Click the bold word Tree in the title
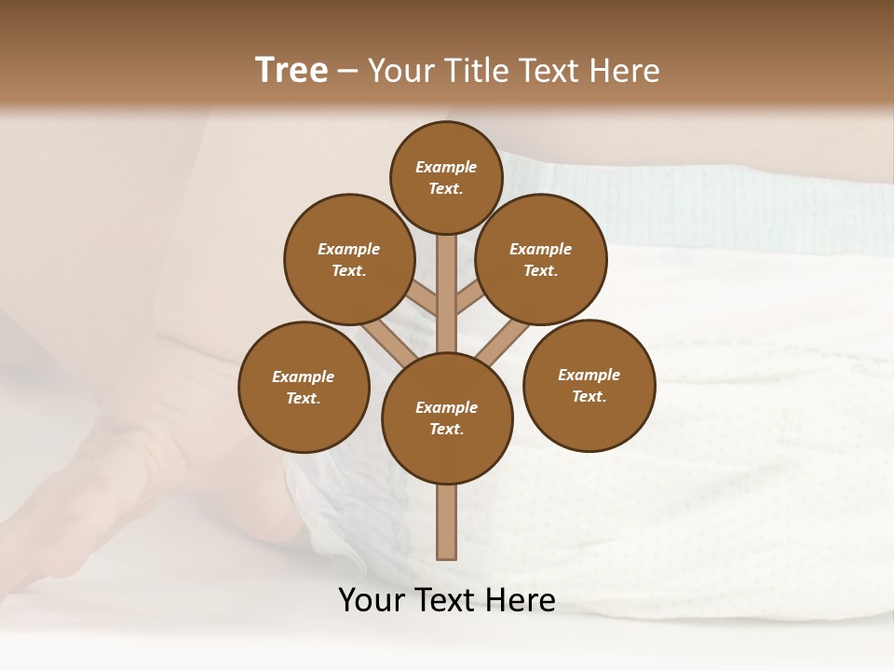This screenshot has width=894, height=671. pos(291,71)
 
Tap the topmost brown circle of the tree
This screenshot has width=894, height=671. pos(446,177)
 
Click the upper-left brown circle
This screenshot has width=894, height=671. pos(349,259)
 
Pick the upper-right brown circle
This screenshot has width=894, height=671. pos(541,259)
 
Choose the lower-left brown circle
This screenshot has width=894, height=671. pos(304,387)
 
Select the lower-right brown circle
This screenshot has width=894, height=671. pos(589,385)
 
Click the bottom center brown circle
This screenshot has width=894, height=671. pos(447,418)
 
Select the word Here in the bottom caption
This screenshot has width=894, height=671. pos(524,600)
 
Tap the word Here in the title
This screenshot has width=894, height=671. pos(628,71)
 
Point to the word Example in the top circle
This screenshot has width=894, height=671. pos(446,167)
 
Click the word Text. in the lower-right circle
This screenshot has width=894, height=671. pos(589,396)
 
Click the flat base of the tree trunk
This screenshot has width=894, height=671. pos(447,557)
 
